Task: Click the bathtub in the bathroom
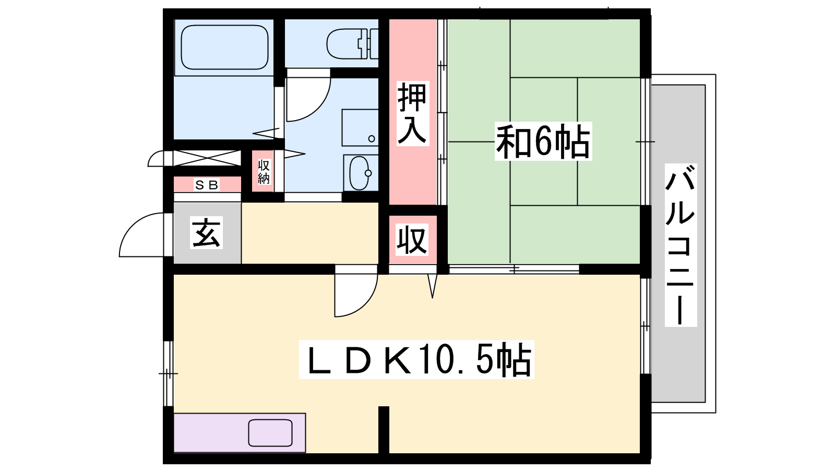tap(224, 48)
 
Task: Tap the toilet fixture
tap(352, 44)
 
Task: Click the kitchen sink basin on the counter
tap(270, 433)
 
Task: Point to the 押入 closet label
tap(412, 113)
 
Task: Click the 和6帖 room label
tap(543, 142)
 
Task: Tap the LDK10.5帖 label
tap(416, 360)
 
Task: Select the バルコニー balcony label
tap(681, 245)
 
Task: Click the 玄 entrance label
tap(207, 232)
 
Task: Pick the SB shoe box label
tap(207, 185)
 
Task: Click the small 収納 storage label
tap(264, 172)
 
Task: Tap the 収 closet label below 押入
tap(412, 240)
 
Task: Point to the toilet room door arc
tap(320, 108)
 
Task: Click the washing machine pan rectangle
tap(360, 127)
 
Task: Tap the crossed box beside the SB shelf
tap(207, 158)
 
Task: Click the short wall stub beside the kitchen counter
tap(384, 429)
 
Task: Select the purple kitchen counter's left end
tap(175, 433)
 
